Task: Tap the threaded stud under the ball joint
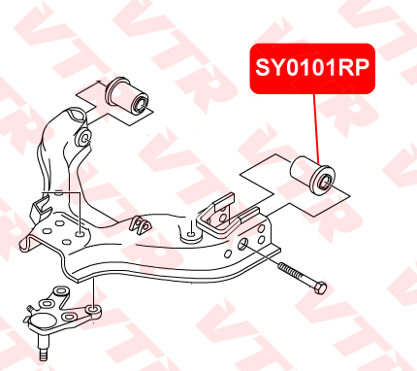pos(43,350)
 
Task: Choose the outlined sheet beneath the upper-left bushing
pos(100,96)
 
